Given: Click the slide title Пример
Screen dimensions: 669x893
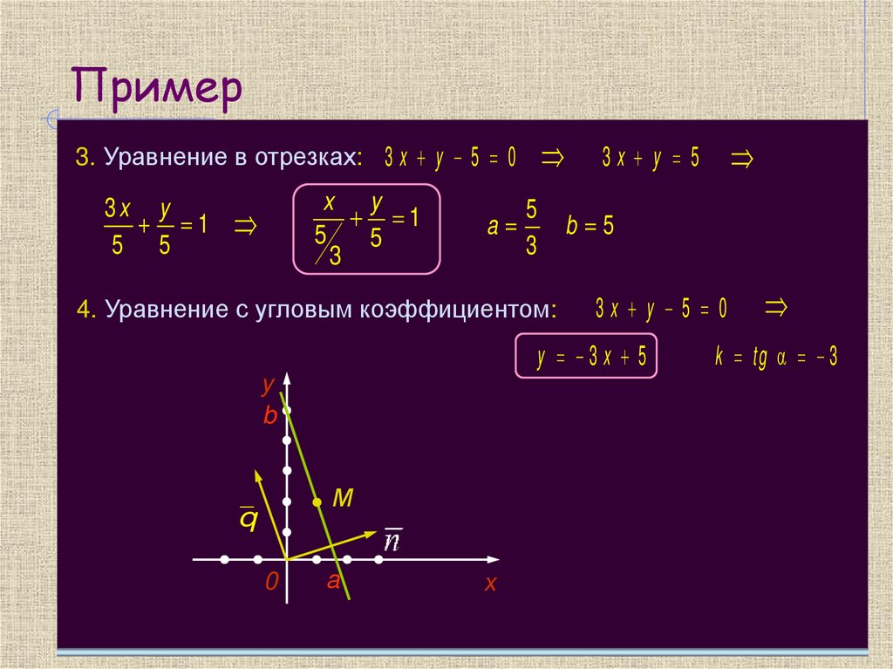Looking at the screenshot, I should tap(156, 90).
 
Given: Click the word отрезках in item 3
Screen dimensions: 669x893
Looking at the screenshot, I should tap(308, 158).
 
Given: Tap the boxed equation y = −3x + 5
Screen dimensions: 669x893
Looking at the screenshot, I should tap(585, 356).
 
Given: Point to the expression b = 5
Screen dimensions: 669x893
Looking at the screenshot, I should tap(590, 227).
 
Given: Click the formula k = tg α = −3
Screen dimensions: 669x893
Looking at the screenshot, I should tap(774, 357).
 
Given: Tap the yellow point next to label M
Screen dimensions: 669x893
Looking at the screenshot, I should tap(317, 502).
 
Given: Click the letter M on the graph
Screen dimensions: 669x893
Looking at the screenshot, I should tap(343, 499).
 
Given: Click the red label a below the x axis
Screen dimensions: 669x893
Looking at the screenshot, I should tap(332, 582).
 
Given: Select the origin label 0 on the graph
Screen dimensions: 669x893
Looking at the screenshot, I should tap(272, 583).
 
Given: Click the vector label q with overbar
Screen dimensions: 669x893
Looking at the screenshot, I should tap(249, 518).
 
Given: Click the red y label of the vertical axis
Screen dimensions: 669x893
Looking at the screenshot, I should tap(269, 384).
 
